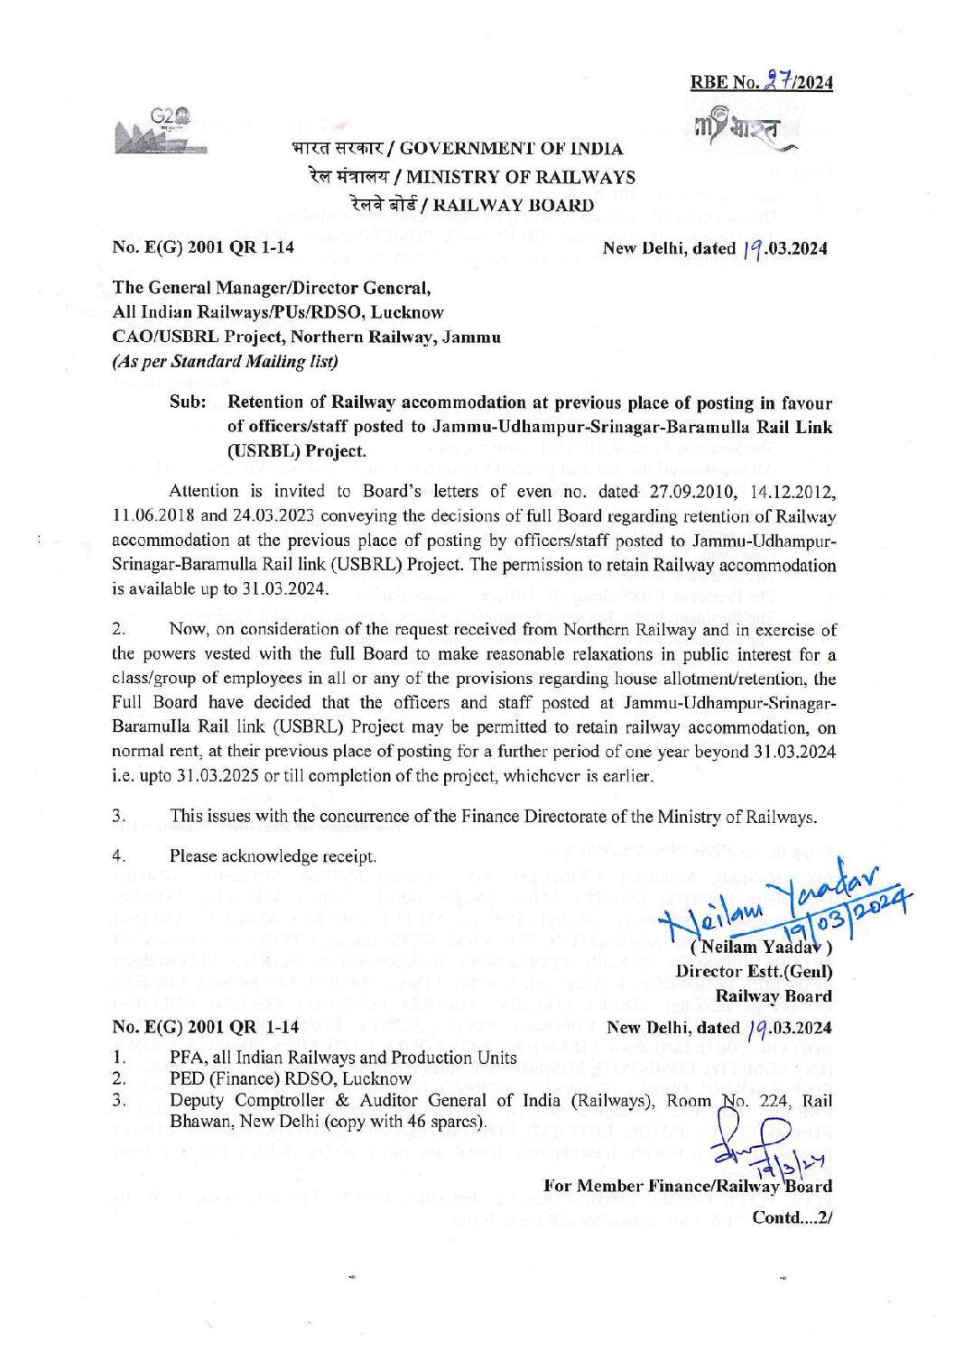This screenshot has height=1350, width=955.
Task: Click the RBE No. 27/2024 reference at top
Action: [x=761, y=82]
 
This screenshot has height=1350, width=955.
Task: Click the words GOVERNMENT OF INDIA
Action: [x=511, y=149]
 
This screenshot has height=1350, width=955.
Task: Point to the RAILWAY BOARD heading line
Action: [x=514, y=204]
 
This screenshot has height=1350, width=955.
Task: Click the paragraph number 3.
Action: [x=117, y=818]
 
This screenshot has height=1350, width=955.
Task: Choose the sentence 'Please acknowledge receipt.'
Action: [x=273, y=855]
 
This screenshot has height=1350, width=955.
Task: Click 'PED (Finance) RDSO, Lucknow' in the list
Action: [x=291, y=1078]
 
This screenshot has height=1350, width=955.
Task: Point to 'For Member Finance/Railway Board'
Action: [x=688, y=1186]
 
